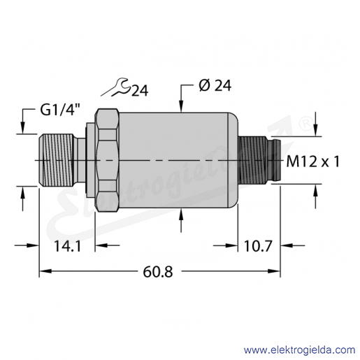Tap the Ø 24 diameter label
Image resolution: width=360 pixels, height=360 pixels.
click(215, 85)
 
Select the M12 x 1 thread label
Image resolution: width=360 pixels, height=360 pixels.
click(312, 161)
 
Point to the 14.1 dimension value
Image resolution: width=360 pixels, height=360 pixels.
click(67, 246)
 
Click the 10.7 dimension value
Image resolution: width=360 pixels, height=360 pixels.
click(258, 246)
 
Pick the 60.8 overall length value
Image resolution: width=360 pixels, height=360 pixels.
click(158, 272)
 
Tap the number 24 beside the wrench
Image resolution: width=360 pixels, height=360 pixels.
click(140, 91)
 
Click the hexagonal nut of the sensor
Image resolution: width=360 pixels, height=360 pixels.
click(107, 160)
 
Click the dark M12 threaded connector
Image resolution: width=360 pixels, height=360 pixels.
click(253, 160)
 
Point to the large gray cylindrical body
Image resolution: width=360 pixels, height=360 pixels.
click(178, 160)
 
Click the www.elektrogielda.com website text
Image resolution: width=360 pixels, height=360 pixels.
click(300, 350)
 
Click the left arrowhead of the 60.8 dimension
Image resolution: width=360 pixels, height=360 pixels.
click(45, 271)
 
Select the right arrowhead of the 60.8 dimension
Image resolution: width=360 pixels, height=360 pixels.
click(274, 271)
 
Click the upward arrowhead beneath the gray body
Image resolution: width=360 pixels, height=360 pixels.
click(182, 214)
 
